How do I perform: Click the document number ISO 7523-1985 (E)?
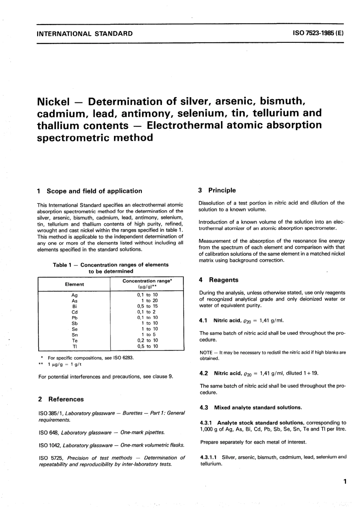[318, 33]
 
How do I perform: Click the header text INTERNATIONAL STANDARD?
[85, 33]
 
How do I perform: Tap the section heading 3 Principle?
[217, 190]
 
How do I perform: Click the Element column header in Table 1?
[74, 284]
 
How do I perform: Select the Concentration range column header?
[147, 281]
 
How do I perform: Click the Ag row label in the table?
[74, 295]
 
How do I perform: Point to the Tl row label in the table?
[74, 346]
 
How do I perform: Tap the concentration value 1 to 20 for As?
[147, 300]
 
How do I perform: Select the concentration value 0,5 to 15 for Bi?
[147, 306]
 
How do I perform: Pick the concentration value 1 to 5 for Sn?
[147, 335]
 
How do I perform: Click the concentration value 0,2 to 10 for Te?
[147, 341]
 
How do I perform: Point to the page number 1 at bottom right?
[344, 482]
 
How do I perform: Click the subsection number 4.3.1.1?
[209, 457]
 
